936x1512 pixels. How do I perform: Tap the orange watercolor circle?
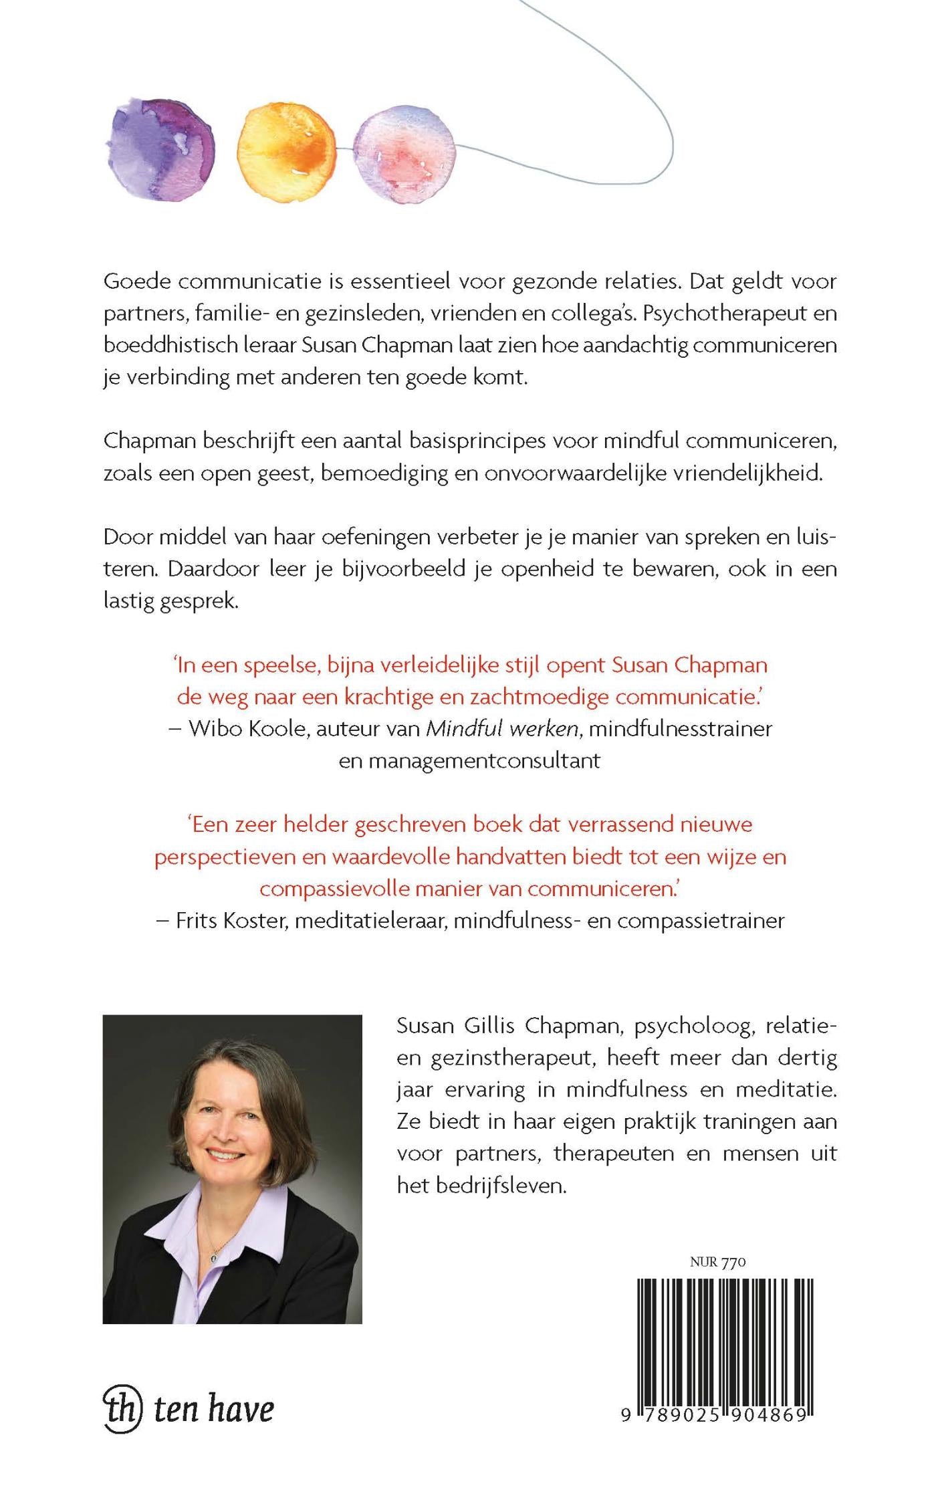[287, 148]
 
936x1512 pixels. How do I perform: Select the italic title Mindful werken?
[502, 728]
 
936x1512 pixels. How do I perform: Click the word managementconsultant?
[469, 760]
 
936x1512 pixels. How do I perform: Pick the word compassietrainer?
[701, 920]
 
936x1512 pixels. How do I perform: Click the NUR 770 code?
[717, 1262]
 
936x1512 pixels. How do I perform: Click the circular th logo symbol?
[123, 1408]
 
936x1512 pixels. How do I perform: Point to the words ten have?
[214, 1408]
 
